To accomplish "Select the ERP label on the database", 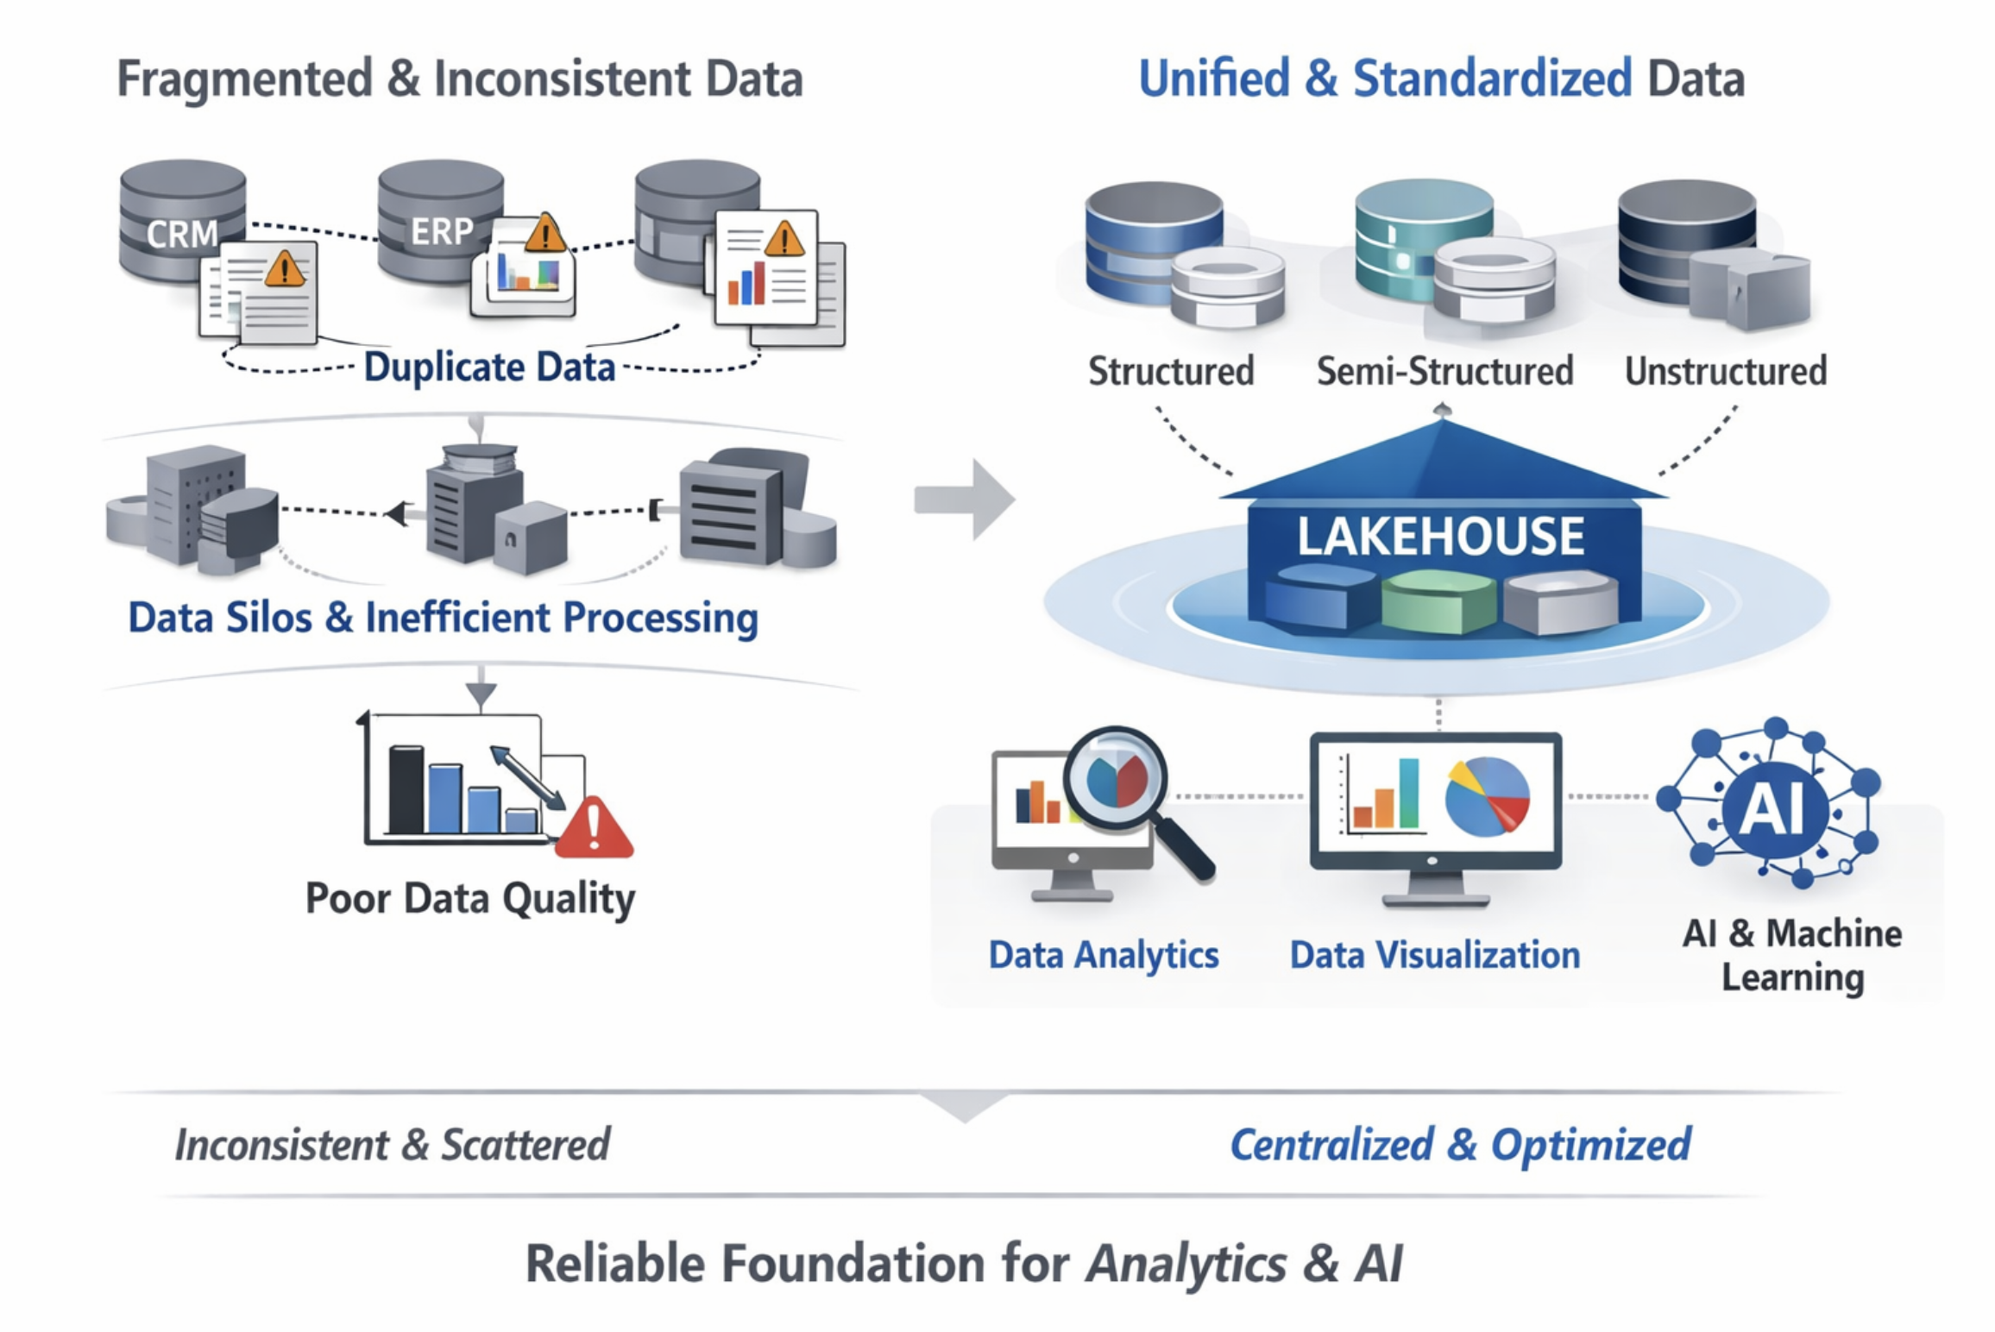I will coord(441,231).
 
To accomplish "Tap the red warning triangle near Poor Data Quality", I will coord(594,828).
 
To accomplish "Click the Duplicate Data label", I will coord(489,367).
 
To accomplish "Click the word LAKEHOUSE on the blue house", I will coord(1440,536).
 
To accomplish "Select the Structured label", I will coord(1171,371).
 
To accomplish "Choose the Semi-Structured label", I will coord(1444,371).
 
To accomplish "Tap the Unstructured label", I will coord(1726,371).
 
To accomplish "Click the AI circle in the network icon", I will coord(1775,809).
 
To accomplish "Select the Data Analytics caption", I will coord(1104,955).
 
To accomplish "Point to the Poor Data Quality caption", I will coord(470,898).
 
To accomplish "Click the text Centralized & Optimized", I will coord(1460,1145).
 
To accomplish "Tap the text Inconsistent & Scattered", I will coord(393,1145).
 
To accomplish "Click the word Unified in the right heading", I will coord(1214,79).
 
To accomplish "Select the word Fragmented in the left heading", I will coord(244,79).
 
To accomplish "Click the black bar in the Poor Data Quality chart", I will coord(406,789).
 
